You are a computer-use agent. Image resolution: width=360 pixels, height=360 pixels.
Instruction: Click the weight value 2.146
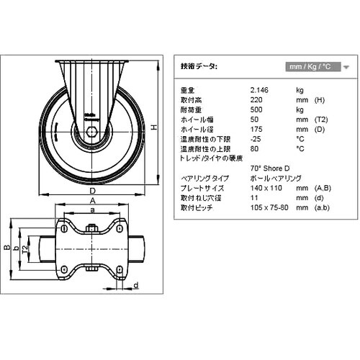[x=260, y=90]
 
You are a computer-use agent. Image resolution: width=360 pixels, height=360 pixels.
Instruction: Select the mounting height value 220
[x=256, y=99]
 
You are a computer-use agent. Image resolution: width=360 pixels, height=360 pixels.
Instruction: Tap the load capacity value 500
[x=256, y=109]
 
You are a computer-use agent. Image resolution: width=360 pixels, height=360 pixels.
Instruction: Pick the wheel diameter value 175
[x=256, y=129]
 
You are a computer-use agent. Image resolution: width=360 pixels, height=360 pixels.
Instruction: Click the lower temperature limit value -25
[x=255, y=138]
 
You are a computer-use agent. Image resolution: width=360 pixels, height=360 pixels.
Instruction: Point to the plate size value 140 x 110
[x=264, y=187]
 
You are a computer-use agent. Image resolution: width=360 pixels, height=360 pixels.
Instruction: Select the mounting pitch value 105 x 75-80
[x=269, y=207]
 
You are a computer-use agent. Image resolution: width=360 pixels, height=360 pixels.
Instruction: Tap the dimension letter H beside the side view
[x=154, y=127]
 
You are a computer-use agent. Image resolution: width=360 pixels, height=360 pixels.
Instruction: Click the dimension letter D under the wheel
[x=94, y=191]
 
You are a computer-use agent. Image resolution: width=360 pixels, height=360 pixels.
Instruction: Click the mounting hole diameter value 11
[x=253, y=197]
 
